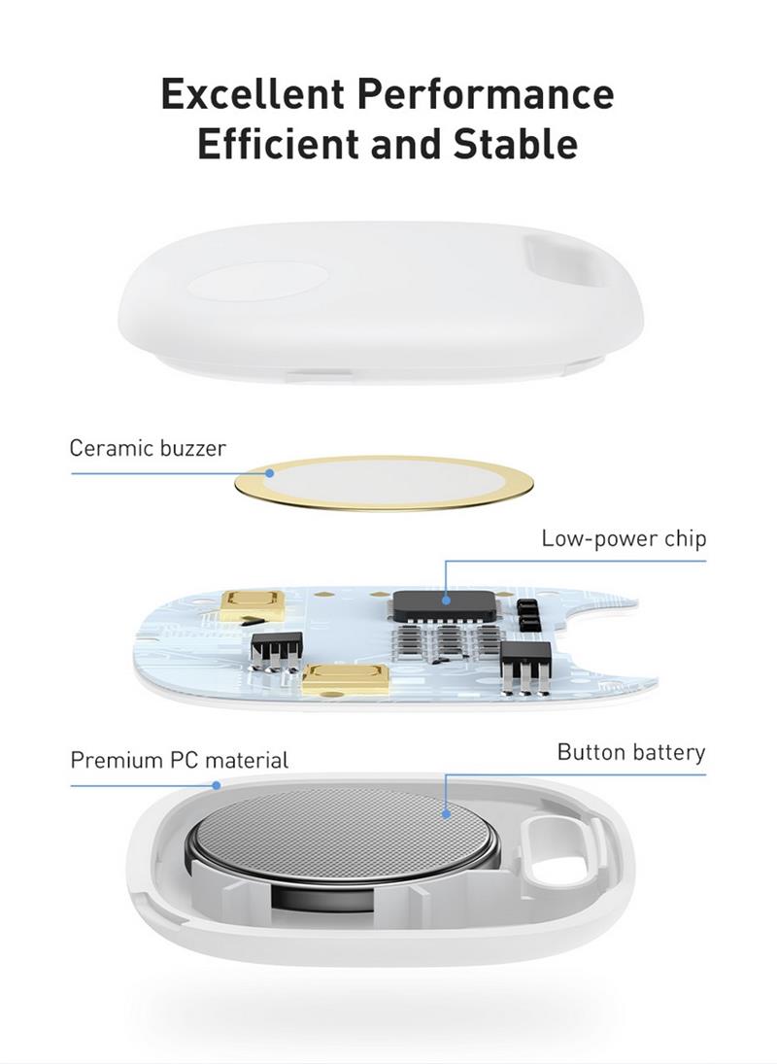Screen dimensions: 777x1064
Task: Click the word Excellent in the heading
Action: point(253,93)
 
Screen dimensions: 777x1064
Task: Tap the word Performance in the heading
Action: point(486,93)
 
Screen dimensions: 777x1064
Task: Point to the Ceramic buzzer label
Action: point(148,448)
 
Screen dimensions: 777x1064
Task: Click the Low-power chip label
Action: point(624,538)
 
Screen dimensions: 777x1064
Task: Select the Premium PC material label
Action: point(180,759)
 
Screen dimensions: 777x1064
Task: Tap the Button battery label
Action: point(631,752)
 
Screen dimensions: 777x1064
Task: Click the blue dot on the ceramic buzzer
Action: point(269,473)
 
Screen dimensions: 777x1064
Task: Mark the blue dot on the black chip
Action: point(446,600)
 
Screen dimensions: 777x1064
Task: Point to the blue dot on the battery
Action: point(446,813)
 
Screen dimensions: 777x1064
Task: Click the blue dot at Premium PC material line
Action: point(217,785)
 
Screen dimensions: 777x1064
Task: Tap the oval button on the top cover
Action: point(258,282)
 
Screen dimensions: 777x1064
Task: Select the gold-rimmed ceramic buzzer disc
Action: point(384,483)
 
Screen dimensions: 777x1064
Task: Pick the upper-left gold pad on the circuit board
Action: point(253,603)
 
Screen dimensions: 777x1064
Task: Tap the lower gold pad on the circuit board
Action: point(346,679)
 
